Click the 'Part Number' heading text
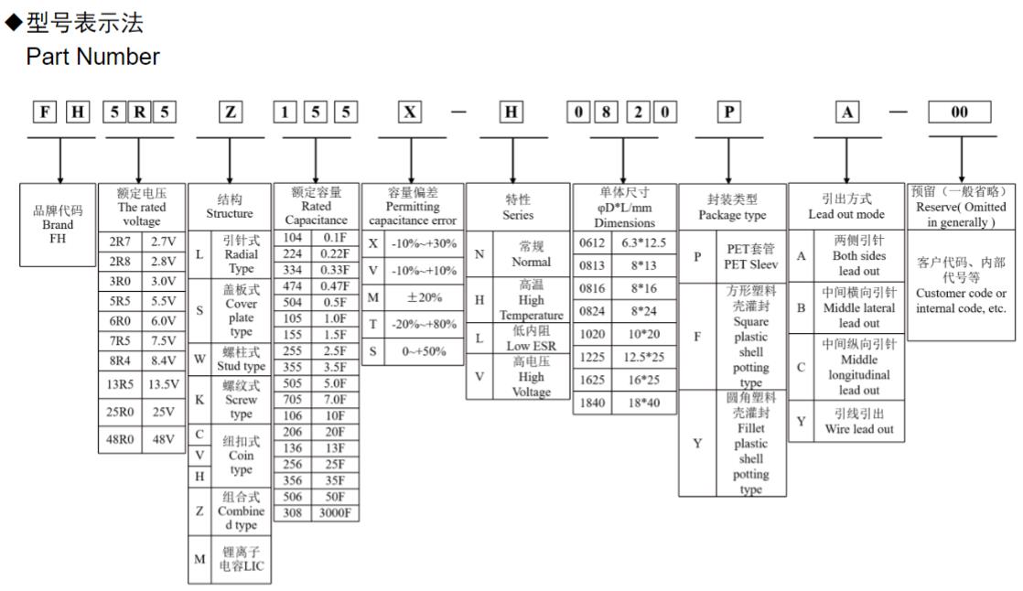pos(93,57)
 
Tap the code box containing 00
pos(960,113)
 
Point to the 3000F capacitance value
pos(334,513)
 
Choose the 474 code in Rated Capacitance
pos(293,286)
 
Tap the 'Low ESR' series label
pos(519,338)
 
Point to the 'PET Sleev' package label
pos(752,257)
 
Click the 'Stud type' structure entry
pos(242,360)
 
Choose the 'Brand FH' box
pos(58,223)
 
